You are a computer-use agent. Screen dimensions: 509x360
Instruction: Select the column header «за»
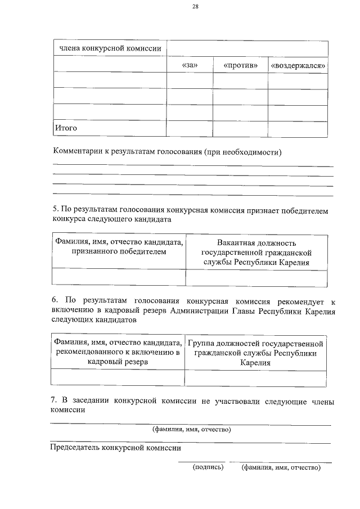(190, 66)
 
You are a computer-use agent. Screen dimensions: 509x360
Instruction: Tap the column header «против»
(240, 66)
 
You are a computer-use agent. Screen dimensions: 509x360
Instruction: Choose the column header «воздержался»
(299, 66)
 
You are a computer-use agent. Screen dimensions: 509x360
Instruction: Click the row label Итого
(65, 128)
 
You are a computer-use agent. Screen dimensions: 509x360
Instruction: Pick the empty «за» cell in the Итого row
(190, 129)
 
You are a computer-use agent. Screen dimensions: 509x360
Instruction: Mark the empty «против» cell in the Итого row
(240, 129)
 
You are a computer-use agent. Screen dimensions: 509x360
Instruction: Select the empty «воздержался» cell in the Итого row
(298, 129)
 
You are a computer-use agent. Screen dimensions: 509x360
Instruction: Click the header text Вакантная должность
(256, 242)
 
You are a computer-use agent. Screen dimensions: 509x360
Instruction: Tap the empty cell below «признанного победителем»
(119, 277)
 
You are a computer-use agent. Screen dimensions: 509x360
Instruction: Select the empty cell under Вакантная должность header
(256, 277)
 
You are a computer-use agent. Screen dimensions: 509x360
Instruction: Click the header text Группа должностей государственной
(256, 343)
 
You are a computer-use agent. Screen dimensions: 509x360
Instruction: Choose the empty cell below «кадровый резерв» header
(118, 377)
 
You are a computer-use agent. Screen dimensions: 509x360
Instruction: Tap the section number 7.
(54, 400)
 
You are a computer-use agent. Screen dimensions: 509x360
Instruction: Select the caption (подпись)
(208, 467)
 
